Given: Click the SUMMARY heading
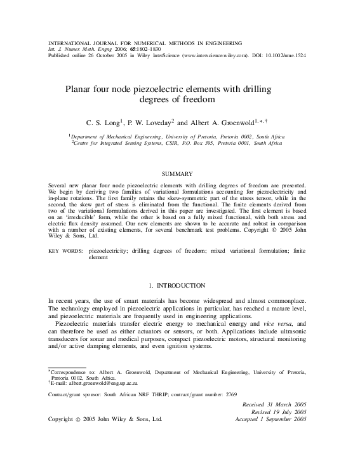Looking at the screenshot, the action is (180, 173).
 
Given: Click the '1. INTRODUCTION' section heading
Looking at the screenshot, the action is (180, 285).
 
